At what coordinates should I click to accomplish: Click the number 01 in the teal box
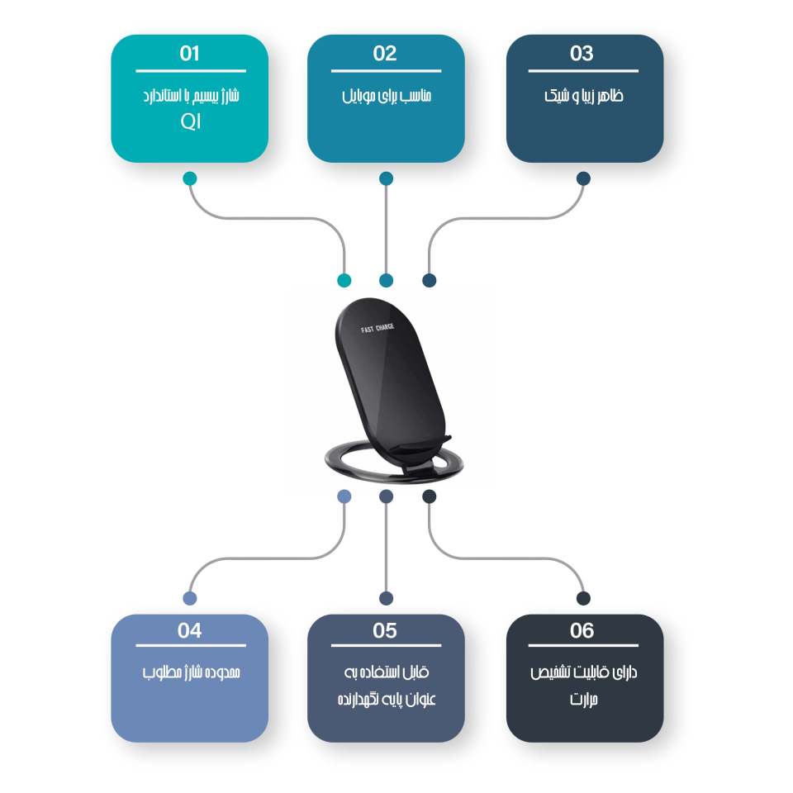click(189, 55)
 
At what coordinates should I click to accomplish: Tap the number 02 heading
click(385, 55)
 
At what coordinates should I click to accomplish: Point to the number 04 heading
click(189, 631)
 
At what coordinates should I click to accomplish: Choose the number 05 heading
click(385, 631)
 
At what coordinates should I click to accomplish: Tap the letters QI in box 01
click(190, 123)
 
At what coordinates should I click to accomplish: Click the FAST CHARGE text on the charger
click(378, 329)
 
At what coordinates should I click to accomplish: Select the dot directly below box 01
click(190, 178)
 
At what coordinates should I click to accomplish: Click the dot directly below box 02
click(386, 178)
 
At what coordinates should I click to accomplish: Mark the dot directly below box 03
click(583, 178)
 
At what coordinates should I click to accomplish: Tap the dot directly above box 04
click(190, 598)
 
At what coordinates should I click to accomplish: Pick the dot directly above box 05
click(386, 598)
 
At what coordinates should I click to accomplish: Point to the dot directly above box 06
click(583, 598)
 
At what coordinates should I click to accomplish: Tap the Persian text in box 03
click(583, 96)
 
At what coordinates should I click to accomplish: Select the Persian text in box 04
click(190, 672)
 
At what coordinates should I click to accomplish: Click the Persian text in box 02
click(386, 96)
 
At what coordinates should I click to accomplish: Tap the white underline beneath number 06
click(583, 646)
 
